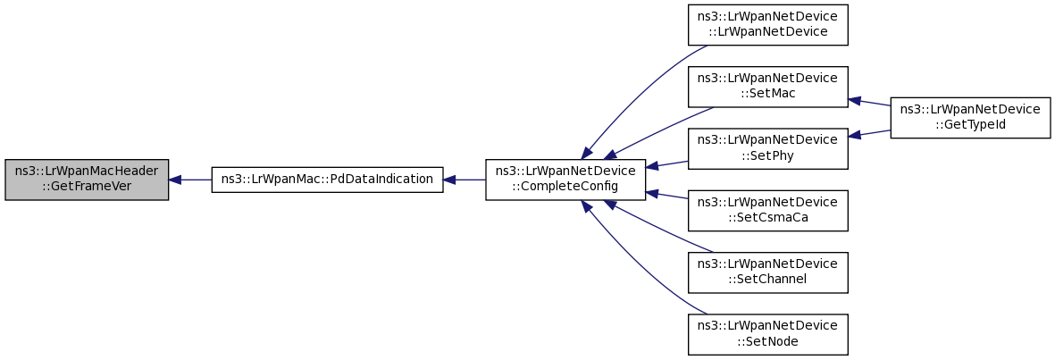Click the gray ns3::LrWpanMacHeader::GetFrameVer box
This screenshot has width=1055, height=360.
pyautogui.click(x=86, y=180)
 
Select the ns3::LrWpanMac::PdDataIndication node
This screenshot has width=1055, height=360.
pyautogui.click(x=327, y=180)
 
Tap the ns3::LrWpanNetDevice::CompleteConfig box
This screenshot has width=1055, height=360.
pyautogui.click(x=565, y=180)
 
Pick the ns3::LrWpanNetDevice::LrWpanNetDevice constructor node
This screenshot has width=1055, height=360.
pyautogui.click(x=767, y=25)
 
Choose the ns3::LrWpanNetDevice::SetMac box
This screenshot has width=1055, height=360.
pyautogui.click(x=767, y=87)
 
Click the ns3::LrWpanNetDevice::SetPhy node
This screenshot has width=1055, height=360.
pyautogui.click(x=767, y=148)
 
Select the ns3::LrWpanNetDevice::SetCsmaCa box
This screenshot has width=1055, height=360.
pyautogui.click(x=767, y=211)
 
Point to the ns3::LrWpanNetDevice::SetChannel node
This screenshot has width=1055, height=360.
pyautogui.click(x=767, y=272)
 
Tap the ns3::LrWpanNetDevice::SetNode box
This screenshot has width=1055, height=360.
pyautogui.click(x=767, y=334)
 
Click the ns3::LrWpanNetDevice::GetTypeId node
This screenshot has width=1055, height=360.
pyautogui.click(x=970, y=118)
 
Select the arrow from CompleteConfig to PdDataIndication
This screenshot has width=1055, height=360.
pyautogui.click(x=465, y=180)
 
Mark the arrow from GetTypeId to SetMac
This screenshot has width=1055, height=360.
pyautogui.click(x=868, y=102)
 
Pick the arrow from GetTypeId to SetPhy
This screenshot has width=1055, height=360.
pyautogui.click(x=868, y=133)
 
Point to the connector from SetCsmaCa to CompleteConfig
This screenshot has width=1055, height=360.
pyautogui.click(x=666, y=195)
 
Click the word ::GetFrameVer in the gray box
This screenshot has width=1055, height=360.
pyautogui.click(x=86, y=187)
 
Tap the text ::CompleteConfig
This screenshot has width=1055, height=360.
pyautogui.click(x=565, y=187)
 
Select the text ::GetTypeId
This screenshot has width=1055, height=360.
pyautogui.click(x=970, y=124)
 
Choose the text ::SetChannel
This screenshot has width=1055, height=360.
pyautogui.click(x=767, y=280)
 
